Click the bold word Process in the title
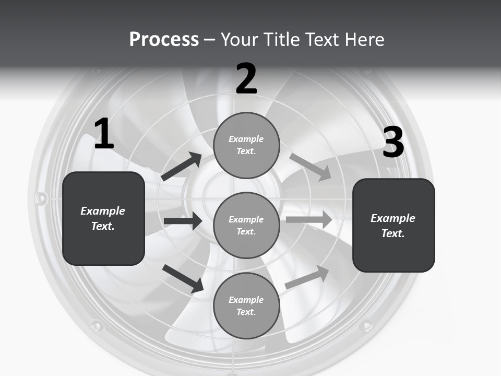(x=164, y=40)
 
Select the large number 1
(x=104, y=134)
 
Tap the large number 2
(x=246, y=79)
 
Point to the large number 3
(x=393, y=142)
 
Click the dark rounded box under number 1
(x=103, y=218)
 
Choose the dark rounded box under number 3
(x=393, y=225)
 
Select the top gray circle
(x=246, y=145)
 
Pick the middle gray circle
(x=246, y=225)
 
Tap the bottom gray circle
(x=246, y=305)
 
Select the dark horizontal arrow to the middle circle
(x=183, y=221)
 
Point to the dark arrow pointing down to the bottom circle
(x=183, y=278)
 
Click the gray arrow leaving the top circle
(x=311, y=167)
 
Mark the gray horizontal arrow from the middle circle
(x=309, y=219)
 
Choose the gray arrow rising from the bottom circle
(x=307, y=277)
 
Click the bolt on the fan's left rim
(x=41, y=198)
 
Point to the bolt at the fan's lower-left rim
(x=97, y=326)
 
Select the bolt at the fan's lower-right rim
(x=366, y=326)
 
